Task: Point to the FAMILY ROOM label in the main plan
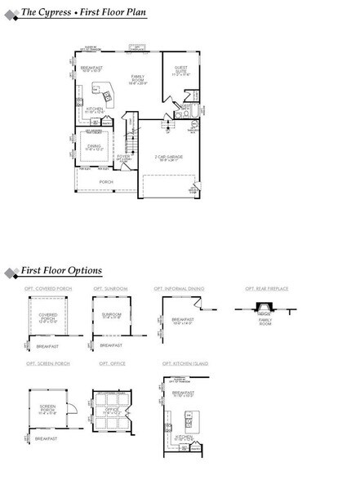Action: pyautogui.click(x=137, y=80)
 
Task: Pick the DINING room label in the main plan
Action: pyautogui.click(x=94, y=147)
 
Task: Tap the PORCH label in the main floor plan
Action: pyautogui.click(x=106, y=182)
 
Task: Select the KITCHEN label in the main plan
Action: pyautogui.click(x=94, y=109)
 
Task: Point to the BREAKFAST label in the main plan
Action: pyautogui.click(x=91, y=70)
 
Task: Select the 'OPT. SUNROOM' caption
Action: pyautogui.click(x=109, y=288)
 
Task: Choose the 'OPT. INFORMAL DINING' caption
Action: pyautogui.click(x=179, y=288)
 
